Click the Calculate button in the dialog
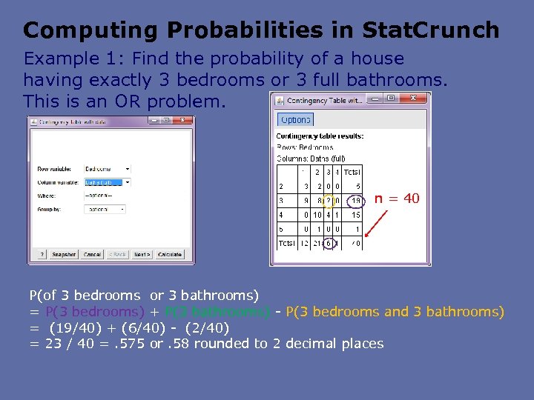(170, 254)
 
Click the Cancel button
(92, 254)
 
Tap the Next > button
(142, 254)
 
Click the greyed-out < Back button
(117, 254)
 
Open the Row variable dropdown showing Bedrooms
(106, 169)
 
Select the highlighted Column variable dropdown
(106, 182)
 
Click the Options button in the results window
(296, 120)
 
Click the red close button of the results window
(421, 99)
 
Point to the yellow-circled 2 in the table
(328, 200)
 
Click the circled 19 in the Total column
(356, 200)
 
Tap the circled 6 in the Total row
(329, 243)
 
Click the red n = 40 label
(397, 199)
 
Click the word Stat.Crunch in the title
(431, 30)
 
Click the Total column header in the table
(352, 172)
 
